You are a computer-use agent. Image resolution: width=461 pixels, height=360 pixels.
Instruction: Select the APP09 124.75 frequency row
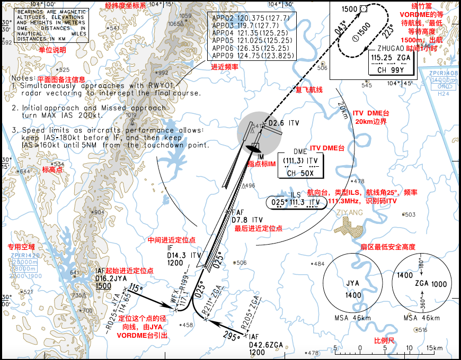pos(252,55)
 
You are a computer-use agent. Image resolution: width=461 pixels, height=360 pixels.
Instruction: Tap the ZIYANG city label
pos(349,213)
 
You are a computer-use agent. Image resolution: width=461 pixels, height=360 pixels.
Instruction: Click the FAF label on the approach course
pos(237,212)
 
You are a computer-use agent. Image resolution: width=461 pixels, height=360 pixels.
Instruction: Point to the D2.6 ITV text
pos(283,123)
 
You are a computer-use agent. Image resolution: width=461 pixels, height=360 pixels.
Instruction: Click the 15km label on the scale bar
pos(433,348)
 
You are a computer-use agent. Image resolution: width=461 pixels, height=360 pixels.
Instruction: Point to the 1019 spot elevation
pos(131,115)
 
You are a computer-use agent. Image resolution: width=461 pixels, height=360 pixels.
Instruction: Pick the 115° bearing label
pos(136,289)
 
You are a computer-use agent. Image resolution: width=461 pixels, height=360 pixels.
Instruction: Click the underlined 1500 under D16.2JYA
pos(103,286)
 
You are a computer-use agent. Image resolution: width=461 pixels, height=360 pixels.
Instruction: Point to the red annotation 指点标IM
pos(261,164)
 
